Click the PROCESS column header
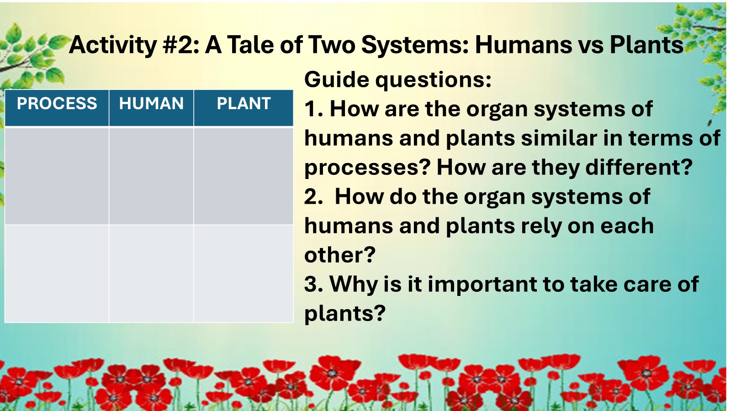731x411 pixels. [57, 104]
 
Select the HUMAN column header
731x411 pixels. [151, 104]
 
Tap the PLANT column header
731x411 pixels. [244, 104]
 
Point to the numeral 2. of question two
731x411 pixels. [314, 197]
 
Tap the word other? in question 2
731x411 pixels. [339, 255]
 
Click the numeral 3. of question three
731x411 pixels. [314, 284]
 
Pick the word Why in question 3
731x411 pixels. [354, 285]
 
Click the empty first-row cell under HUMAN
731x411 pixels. [151, 176]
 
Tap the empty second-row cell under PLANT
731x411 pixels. [244, 274]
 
